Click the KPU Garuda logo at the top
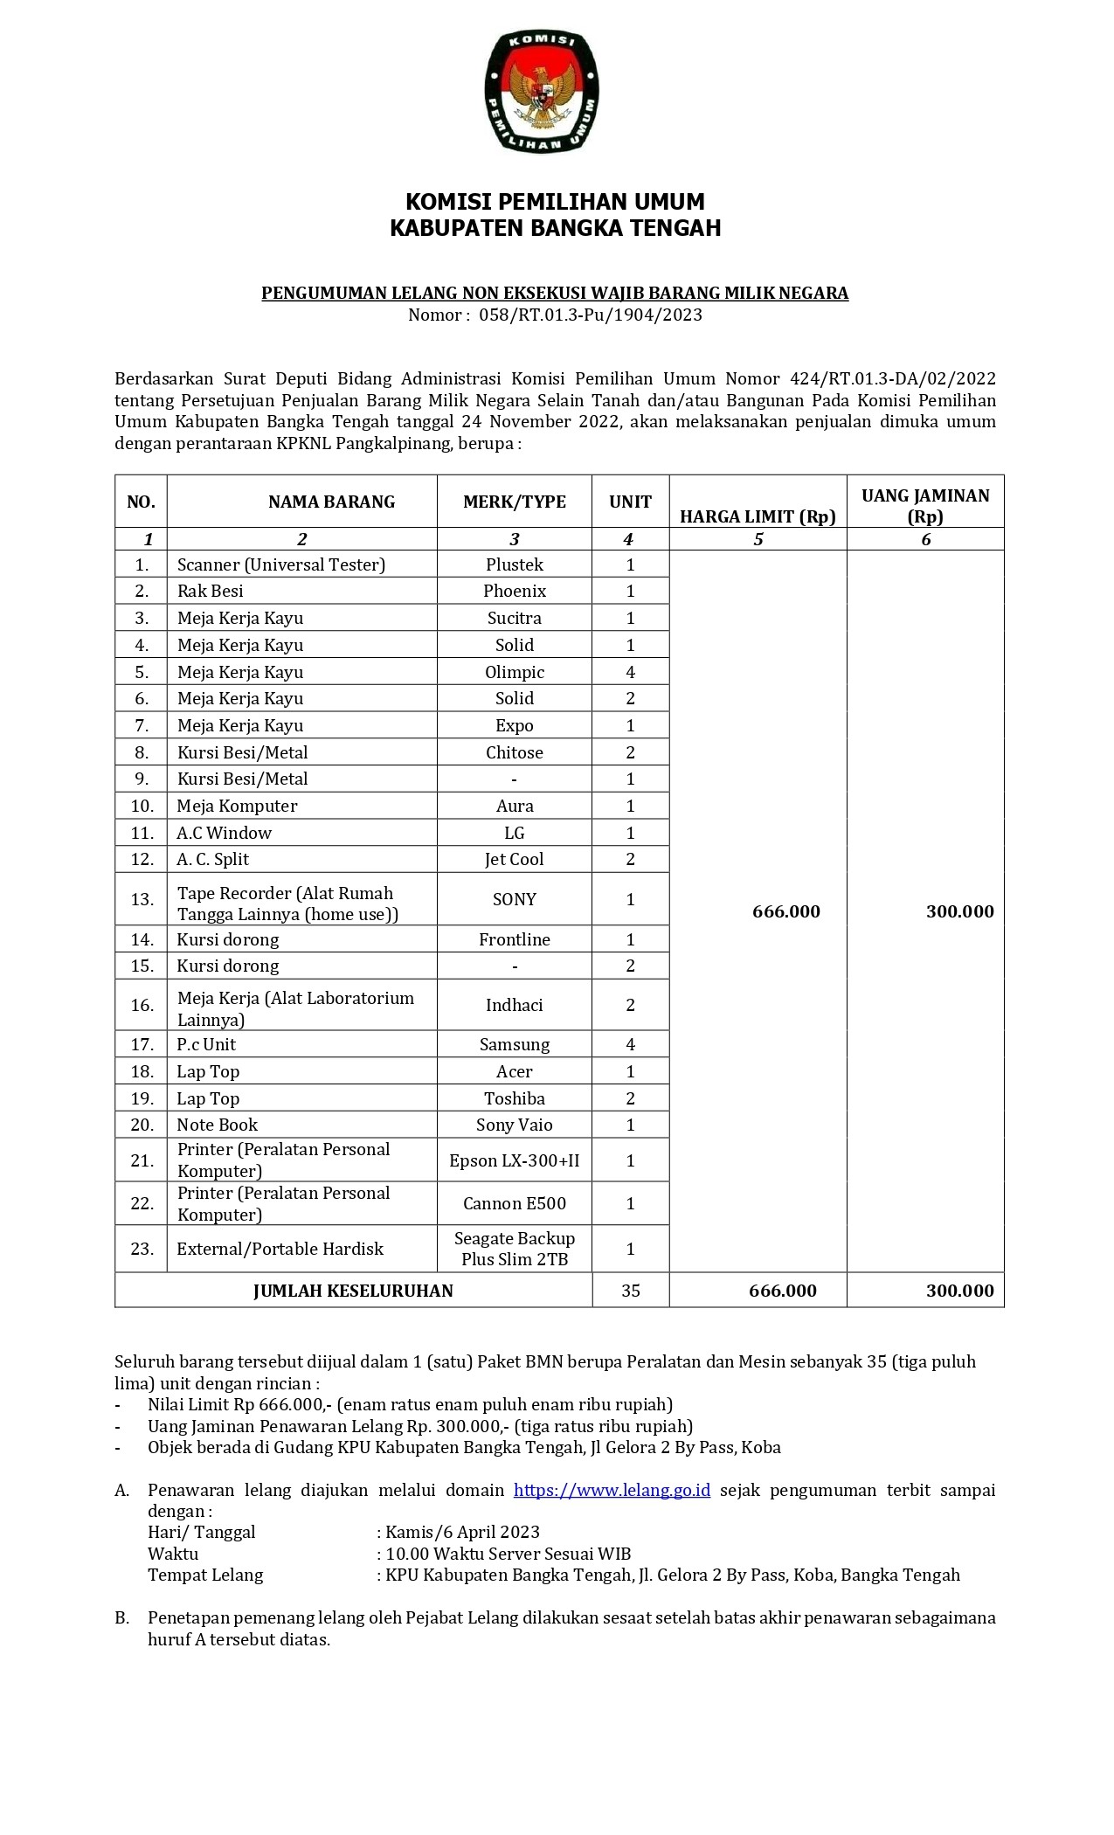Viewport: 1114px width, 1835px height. [x=542, y=91]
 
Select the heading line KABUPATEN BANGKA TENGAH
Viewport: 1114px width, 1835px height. [x=555, y=228]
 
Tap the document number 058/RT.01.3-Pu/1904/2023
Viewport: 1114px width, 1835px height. [x=590, y=315]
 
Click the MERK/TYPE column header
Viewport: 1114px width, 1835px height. [x=514, y=502]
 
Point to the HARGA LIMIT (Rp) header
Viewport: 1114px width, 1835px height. [x=758, y=516]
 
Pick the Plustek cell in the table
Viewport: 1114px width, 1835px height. [x=514, y=564]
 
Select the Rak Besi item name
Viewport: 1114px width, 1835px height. [x=211, y=591]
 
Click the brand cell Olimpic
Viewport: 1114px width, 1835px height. [x=514, y=672]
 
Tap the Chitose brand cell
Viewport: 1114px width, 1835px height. [x=514, y=752]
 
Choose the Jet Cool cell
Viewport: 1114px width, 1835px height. [x=514, y=859]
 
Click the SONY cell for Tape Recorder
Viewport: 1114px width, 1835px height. [x=514, y=899]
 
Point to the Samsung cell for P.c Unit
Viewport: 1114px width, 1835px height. [x=514, y=1044]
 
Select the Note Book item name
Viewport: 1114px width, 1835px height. [x=218, y=1125]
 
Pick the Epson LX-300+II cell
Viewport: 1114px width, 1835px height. [x=514, y=1160]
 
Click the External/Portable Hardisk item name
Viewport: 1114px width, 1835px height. [x=280, y=1249]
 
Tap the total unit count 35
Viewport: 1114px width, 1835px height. [x=630, y=1291]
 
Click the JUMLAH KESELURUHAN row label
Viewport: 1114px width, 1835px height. [x=353, y=1291]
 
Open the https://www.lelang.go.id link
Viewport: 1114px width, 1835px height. [x=612, y=1490]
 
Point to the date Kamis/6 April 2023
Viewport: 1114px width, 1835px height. [x=462, y=1532]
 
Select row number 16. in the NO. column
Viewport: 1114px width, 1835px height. [x=142, y=1005]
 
